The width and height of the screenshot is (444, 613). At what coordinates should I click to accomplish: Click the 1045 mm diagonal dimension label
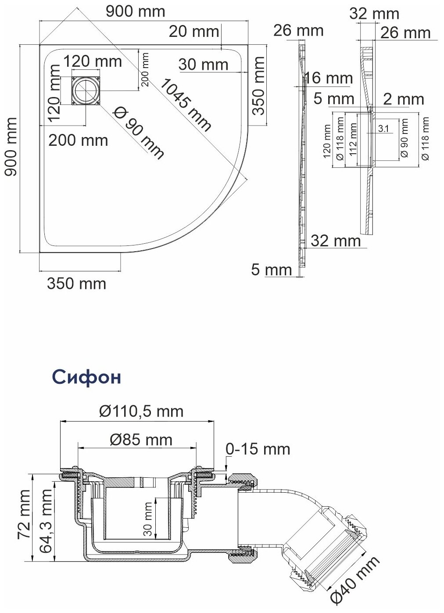tap(185, 104)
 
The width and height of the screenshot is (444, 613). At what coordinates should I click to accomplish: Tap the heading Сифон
tap(86, 377)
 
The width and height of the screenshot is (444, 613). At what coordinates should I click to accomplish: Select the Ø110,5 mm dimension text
tap(141, 411)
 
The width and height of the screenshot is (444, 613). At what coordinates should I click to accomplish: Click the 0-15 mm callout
tap(258, 449)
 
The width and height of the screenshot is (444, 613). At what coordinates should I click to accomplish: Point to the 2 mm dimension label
tap(403, 99)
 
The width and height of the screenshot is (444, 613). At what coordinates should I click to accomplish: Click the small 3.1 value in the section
tap(382, 129)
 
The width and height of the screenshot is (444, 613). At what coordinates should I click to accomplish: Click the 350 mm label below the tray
tap(76, 284)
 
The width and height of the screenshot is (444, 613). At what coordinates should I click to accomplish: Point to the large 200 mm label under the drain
tap(78, 141)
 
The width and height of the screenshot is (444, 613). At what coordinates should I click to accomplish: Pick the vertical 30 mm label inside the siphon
tap(149, 519)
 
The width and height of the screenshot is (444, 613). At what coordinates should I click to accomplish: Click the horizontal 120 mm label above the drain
tap(91, 61)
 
